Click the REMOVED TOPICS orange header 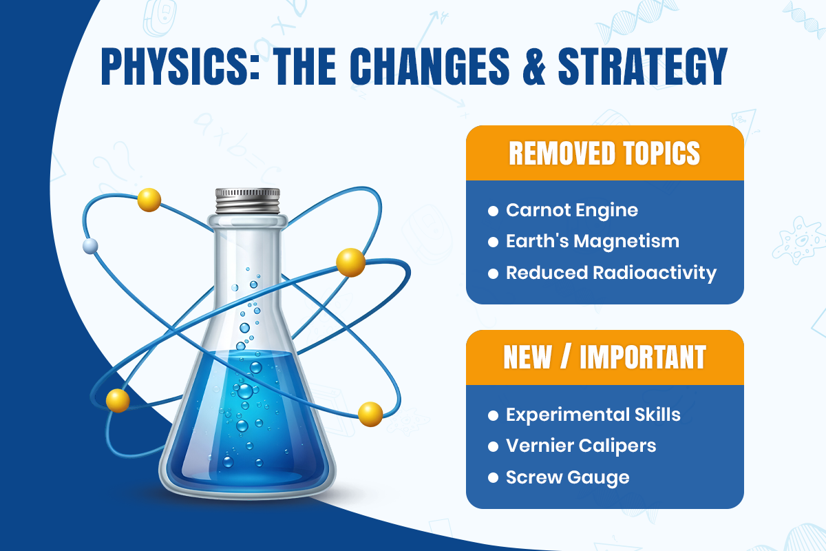604,154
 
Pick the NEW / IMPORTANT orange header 604,357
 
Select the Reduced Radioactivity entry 611,273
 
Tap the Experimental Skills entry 593,415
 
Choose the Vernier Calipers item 581,446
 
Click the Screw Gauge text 568,477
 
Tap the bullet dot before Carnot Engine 493,211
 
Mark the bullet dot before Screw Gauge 493,477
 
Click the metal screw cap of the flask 247,200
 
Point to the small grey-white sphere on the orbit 90,246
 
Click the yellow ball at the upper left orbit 149,200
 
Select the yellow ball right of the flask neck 350,262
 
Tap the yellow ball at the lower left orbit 118,400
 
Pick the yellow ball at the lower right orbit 370,413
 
